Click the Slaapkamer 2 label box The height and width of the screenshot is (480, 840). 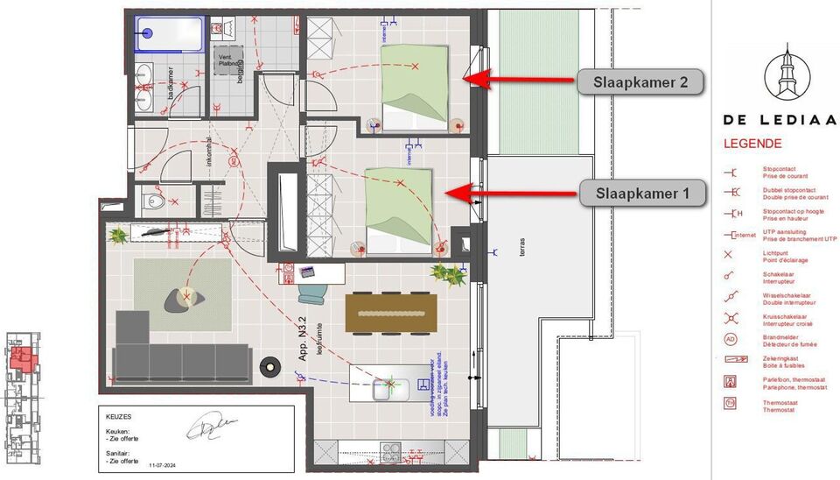coord(640,82)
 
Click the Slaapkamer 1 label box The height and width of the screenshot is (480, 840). coord(643,193)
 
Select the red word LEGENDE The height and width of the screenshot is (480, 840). coord(752,144)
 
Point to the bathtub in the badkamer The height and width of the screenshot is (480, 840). coord(170,33)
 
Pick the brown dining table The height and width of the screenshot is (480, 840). coord(391,313)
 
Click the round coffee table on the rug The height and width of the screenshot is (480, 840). coord(185,299)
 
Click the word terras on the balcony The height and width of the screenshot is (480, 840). coord(524,248)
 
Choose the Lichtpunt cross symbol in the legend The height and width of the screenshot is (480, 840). coord(729,254)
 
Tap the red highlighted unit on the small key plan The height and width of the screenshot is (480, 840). coord(24,356)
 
